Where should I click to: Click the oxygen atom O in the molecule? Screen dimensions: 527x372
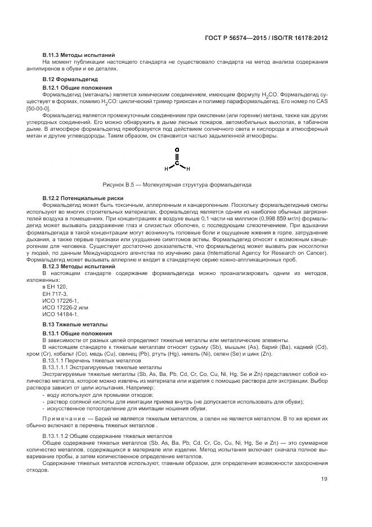tap(177, 150)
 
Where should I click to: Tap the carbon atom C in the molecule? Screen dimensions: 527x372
tap(177, 162)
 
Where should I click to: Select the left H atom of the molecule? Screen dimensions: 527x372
tap(166, 169)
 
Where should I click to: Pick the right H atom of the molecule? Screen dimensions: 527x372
tap(189, 169)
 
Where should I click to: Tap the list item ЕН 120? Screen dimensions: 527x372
tap(53, 287)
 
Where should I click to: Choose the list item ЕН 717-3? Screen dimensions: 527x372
tap(55, 294)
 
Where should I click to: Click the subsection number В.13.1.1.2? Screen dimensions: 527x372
tap(57, 437)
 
